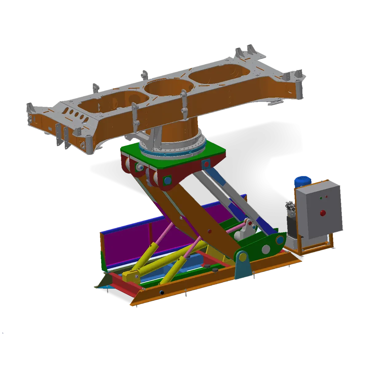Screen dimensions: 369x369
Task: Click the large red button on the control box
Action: (323, 212)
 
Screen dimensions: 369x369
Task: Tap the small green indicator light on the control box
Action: (321, 198)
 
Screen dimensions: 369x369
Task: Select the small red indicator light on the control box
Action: (326, 196)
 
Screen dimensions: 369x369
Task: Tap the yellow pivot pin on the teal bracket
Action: (242, 256)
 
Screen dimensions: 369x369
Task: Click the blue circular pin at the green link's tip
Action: (280, 240)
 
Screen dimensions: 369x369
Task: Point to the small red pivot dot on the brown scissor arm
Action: (210, 231)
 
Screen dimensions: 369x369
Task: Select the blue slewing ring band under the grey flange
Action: (172, 152)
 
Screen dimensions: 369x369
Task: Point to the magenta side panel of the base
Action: (129, 237)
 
